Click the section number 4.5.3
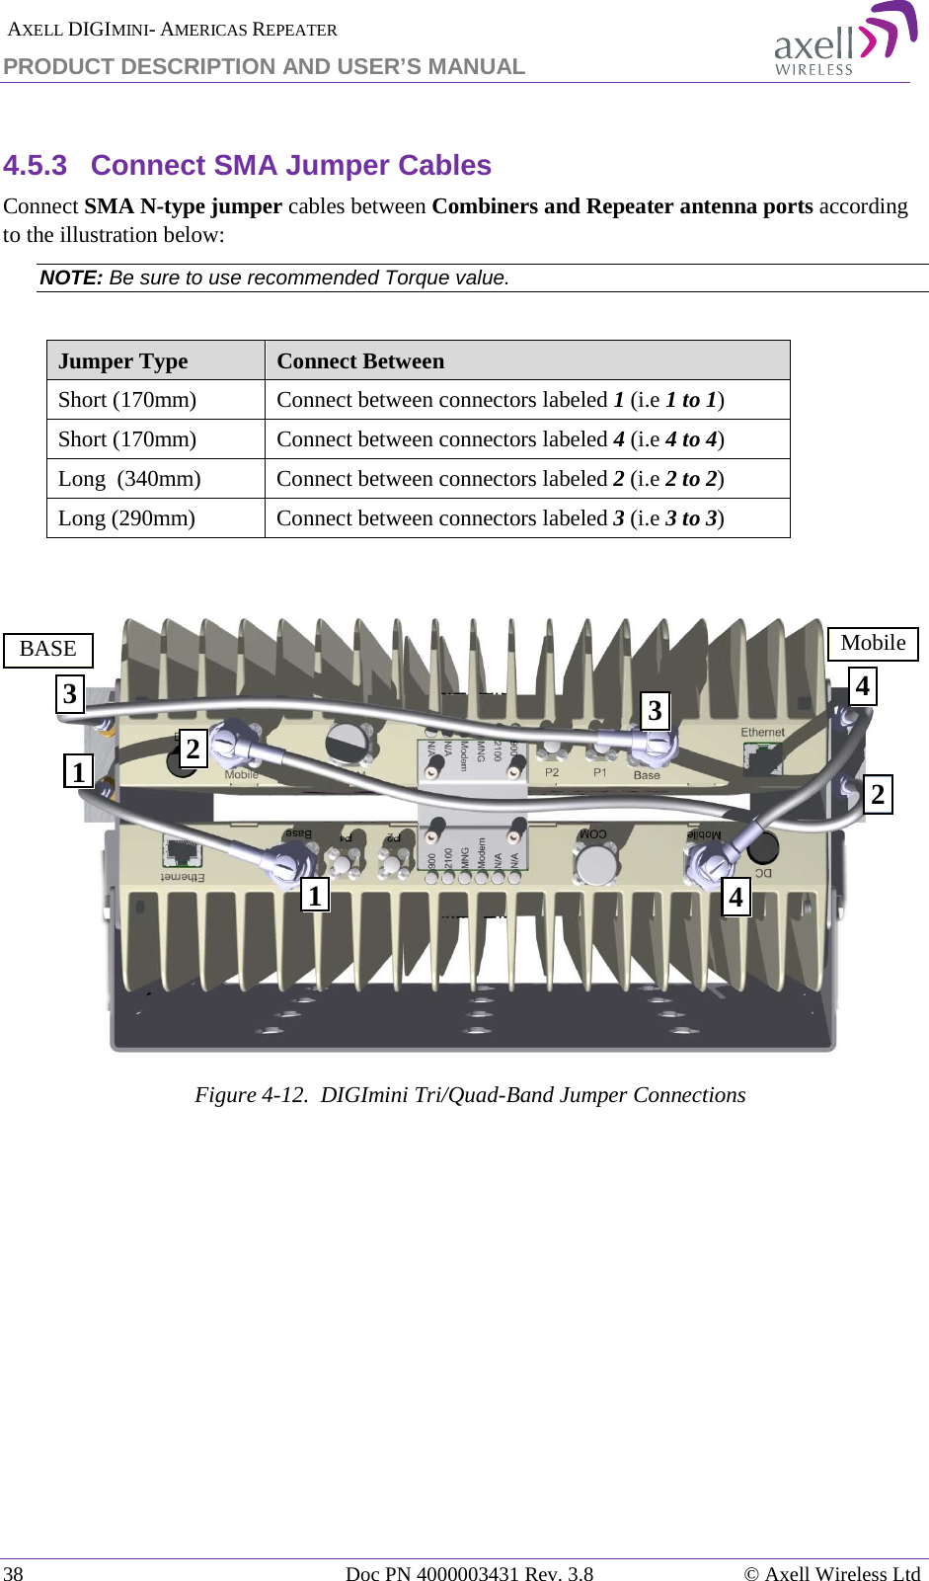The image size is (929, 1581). [36, 165]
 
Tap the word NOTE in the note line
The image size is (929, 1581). [70, 277]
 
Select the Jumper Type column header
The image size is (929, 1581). [123, 361]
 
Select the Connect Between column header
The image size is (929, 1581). [360, 361]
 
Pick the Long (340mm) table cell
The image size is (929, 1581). [129, 479]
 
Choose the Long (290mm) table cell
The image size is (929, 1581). [126, 518]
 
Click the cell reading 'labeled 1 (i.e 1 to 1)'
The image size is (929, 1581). [500, 400]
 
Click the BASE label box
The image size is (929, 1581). [48, 650]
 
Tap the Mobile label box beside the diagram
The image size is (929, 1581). [873, 644]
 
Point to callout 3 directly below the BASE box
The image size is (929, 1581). [70, 693]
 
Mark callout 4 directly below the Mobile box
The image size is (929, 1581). [863, 685]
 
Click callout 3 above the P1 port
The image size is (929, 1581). [655, 711]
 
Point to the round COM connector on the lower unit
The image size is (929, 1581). [596, 863]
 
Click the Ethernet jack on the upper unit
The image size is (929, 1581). [763, 756]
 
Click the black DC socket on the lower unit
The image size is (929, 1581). [762, 846]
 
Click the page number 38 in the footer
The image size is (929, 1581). [13, 1573]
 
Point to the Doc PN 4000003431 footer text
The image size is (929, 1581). [469, 1573]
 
